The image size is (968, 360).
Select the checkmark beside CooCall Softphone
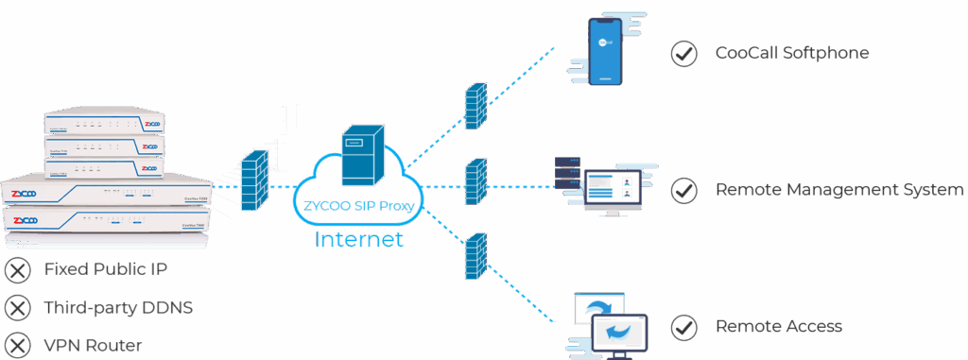pyautogui.click(x=683, y=54)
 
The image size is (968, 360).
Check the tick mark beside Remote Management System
pyautogui.click(x=683, y=191)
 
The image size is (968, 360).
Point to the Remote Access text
pyautogui.click(x=778, y=327)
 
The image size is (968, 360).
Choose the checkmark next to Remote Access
pyautogui.click(x=683, y=327)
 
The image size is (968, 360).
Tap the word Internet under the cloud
pyautogui.click(x=358, y=239)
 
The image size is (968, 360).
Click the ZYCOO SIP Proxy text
pyautogui.click(x=357, y=205)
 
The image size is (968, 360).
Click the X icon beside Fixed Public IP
pyautogui.click(x=17, y=271)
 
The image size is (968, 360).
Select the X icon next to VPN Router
pyautogui.click(x=17, y=345)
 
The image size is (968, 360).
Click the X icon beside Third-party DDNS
pyautogui.click(x=17, y=308)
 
